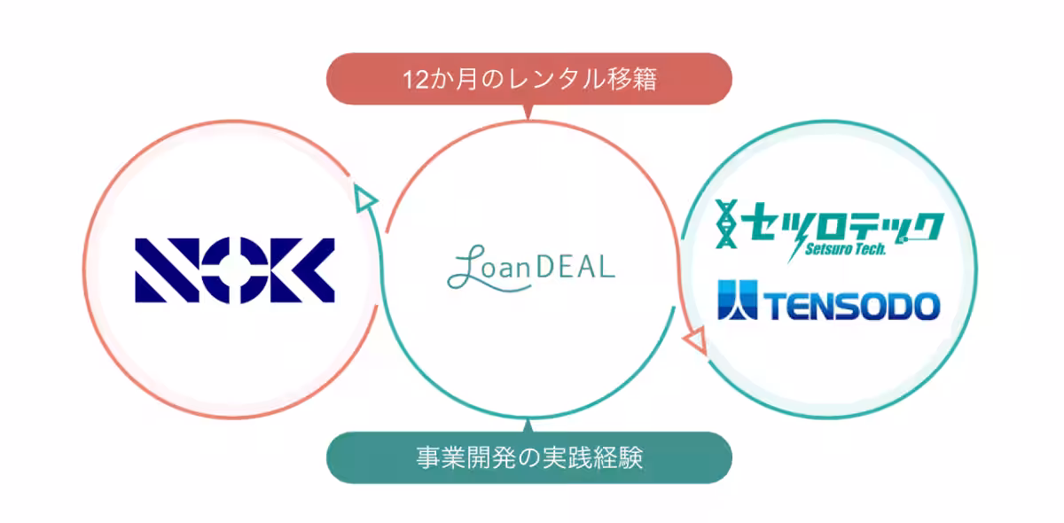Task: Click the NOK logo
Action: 235,270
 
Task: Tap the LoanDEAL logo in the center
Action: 531,268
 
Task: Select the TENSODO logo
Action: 829,301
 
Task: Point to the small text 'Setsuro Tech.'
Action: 846,249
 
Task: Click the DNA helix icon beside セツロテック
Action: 726,223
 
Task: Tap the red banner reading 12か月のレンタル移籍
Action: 529,79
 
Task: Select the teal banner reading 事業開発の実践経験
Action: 529,457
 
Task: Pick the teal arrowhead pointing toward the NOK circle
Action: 364,198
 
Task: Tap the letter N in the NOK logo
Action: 168,270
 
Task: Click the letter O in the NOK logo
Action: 235,270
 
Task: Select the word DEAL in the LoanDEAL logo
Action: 575,266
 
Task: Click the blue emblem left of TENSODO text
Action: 737,300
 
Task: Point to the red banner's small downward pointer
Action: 528,112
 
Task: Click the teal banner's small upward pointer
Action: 528,425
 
